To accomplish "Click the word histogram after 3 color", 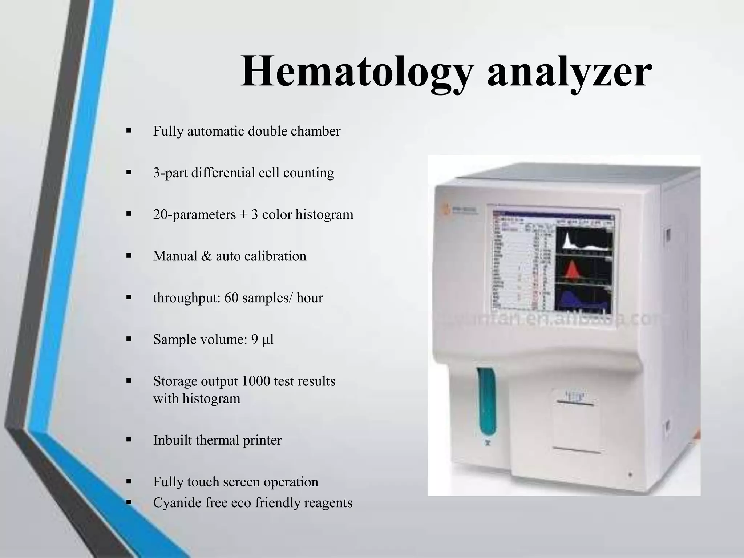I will click(x=324, y=214).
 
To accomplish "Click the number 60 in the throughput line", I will click(x=231, y=298).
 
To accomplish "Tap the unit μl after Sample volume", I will click(x=268, y=340).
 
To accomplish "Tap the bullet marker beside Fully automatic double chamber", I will click(x=128, y=130).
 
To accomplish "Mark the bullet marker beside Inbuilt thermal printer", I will click(x=128, y=440).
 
